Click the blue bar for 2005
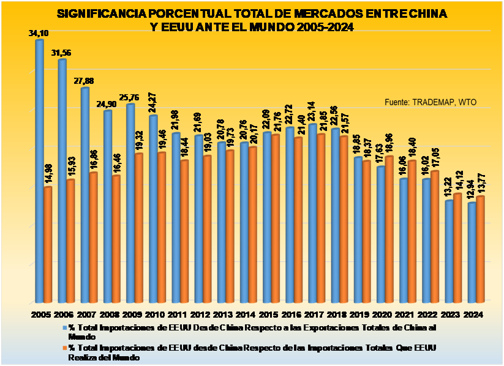click(39, 171)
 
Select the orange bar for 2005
click(48, 245)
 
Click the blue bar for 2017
click(312, 214)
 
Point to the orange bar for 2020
click(388, 230)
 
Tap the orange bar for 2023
click(457, 248)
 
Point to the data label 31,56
click(62, 53)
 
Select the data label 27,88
click(85, 81)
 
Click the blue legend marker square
click(63, 329)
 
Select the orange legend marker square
click(63, 348)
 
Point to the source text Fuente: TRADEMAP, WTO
click(430, 102)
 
